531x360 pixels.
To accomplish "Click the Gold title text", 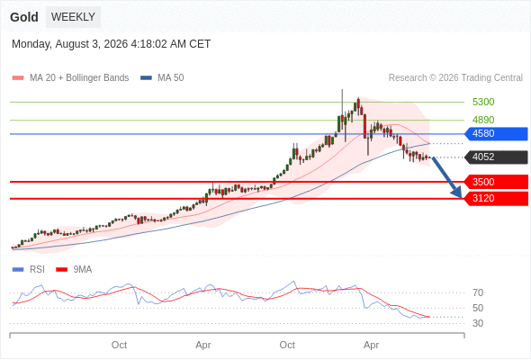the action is click(x=24, y=17).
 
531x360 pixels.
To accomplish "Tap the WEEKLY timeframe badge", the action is click(x=73, y=17).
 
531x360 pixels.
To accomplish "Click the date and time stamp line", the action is click(x=111, y=44).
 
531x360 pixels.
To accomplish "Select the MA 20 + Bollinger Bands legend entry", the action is click(x=70, y=78).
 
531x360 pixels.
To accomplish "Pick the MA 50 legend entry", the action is click(x=162, y=78).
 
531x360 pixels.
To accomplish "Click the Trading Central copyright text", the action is click(x=455, y=78).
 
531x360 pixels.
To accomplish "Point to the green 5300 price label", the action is click(x=483, y=102).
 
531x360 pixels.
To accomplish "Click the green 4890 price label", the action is click(x=483, y=120).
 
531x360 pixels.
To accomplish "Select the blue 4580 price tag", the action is click(x=496, y=134).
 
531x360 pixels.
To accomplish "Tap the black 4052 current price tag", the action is click(x=496, y=157).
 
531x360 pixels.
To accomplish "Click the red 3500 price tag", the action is click(x=496, y=182).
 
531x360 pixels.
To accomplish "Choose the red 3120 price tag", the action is click(x=496, y=199).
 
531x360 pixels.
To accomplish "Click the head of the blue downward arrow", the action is click(x=461, y=197).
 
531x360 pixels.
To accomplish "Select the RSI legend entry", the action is click(x=29, y=270).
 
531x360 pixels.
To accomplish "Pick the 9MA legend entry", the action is click(x=74, y=270).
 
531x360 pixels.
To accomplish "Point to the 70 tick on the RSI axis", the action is click(x=478, y=292).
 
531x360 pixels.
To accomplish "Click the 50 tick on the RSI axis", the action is click(x=478, y=308).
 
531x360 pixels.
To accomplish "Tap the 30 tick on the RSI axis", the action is click(x=478, y=323).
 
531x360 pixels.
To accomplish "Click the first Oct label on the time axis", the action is click(x=119, y=345).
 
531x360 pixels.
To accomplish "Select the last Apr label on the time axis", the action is click(x=371, y=345).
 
